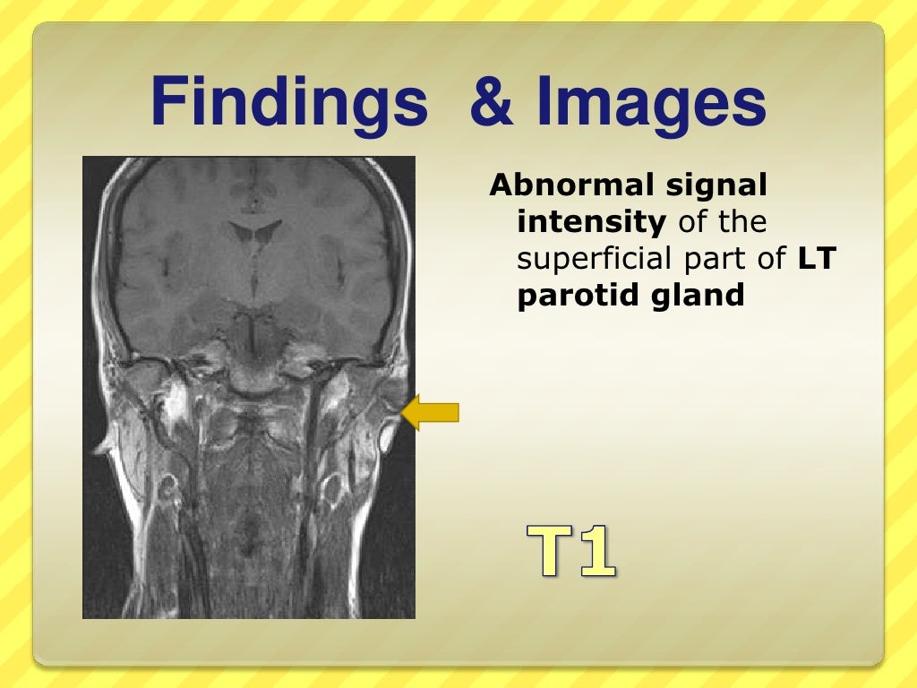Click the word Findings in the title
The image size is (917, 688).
288,103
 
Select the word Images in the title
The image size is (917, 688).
652,103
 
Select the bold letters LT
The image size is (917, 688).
816,259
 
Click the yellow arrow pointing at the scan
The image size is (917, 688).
432,413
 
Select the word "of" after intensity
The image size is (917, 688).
692,222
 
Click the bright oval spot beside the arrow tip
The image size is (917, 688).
389,436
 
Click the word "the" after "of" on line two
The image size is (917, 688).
742,222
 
